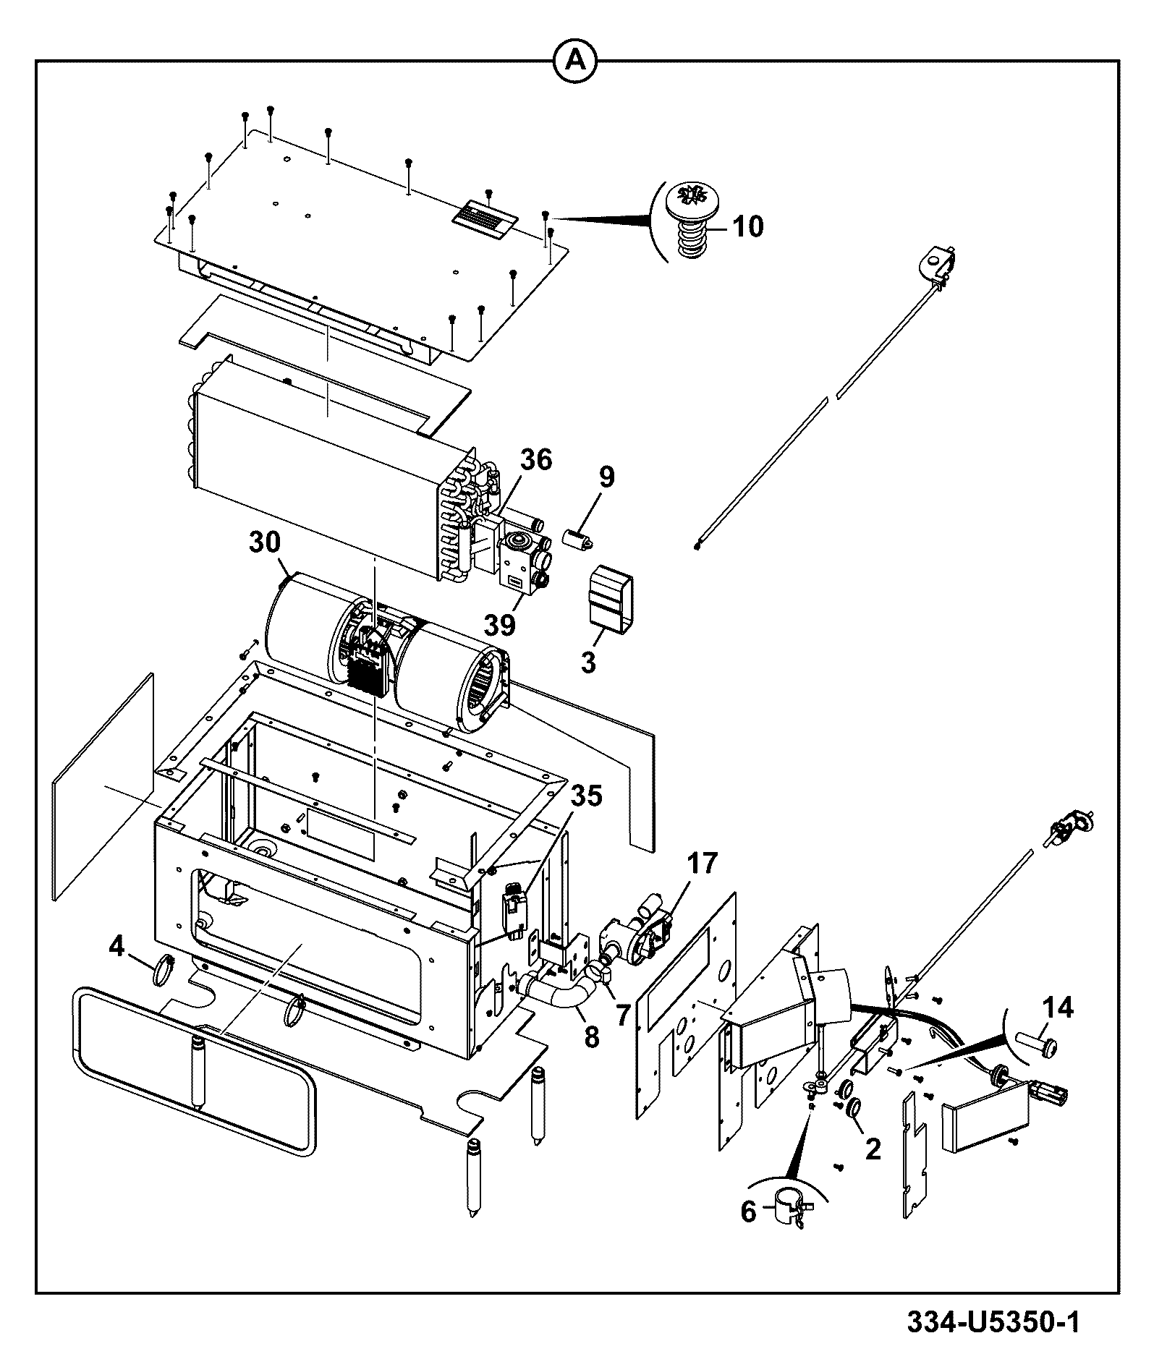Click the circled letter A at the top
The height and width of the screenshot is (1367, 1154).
point(576,61)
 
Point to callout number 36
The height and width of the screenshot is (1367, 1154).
point(535,459)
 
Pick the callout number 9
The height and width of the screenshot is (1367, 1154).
point(606,477)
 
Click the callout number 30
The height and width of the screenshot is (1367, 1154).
point(266,543)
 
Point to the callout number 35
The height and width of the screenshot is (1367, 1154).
point(585,796)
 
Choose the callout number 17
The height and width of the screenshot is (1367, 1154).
point(701,863)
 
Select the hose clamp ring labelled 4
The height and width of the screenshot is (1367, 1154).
point(166,971)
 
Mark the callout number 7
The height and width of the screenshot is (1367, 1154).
point(622,1015)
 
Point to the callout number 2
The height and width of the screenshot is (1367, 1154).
point(873,1149)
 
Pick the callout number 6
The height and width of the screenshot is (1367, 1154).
point(748,1211)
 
